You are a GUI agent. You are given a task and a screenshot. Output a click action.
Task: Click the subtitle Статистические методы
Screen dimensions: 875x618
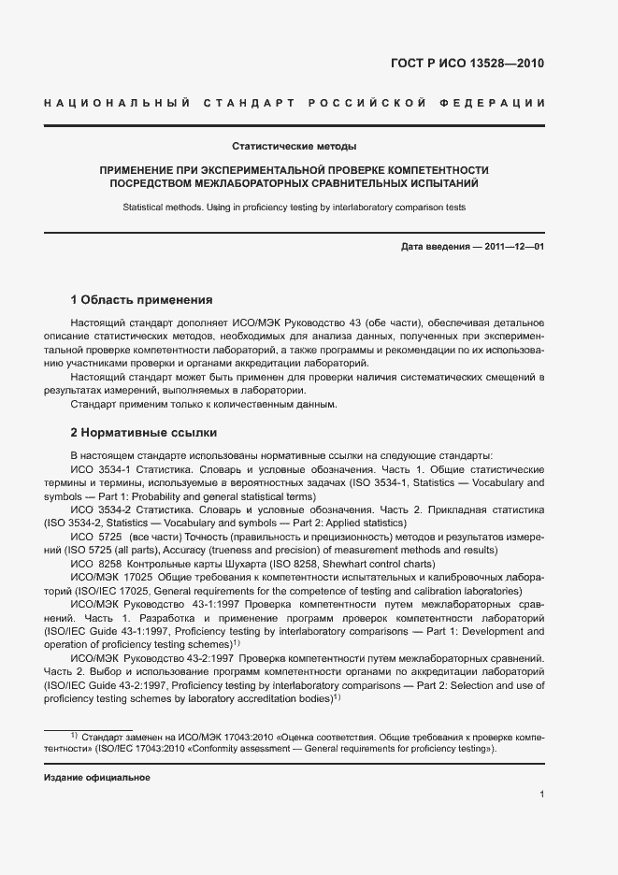pyautogui.click(x=295, y=146)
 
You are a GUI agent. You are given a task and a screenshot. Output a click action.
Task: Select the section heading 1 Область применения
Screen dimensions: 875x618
pyautogui.click(x=142, y=300)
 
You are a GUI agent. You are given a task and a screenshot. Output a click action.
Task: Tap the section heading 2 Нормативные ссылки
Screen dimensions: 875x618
pyautogui.click(x=144, y=433)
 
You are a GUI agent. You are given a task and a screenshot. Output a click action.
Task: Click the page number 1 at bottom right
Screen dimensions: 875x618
pyautogui.click(x=542, y=794)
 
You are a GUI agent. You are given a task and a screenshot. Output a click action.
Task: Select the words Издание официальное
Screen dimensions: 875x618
pyautogui.click(x=97, y=777)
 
